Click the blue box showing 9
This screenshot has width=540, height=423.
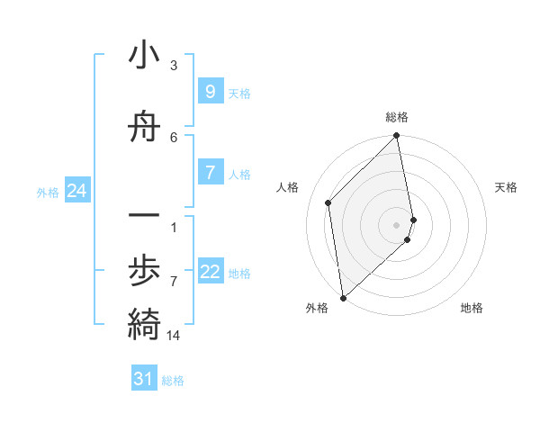210,92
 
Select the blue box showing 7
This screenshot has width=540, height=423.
210,173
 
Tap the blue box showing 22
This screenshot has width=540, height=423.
210,273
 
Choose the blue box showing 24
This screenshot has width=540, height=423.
76,191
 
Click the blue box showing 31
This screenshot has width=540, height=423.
144,379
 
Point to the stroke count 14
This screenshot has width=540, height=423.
174,336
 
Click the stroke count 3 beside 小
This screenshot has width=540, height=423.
174,66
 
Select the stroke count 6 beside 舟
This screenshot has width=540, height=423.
174,137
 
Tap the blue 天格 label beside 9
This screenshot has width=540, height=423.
239,93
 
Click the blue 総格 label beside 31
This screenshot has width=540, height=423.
173,381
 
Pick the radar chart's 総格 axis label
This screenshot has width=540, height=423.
397,117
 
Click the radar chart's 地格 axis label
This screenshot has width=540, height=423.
472,308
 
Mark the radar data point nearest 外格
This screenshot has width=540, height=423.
342,298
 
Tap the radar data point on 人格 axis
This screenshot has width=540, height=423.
328,202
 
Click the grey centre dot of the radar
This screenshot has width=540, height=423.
397,224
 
